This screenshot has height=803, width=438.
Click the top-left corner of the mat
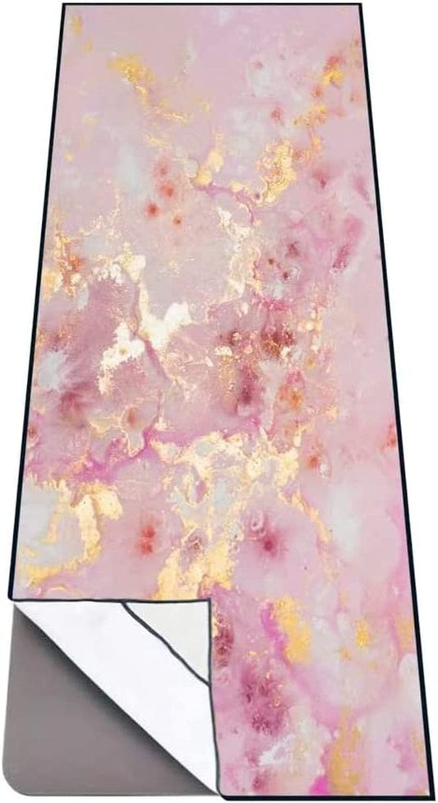[65, 6]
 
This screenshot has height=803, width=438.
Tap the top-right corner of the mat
[359, 6]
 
